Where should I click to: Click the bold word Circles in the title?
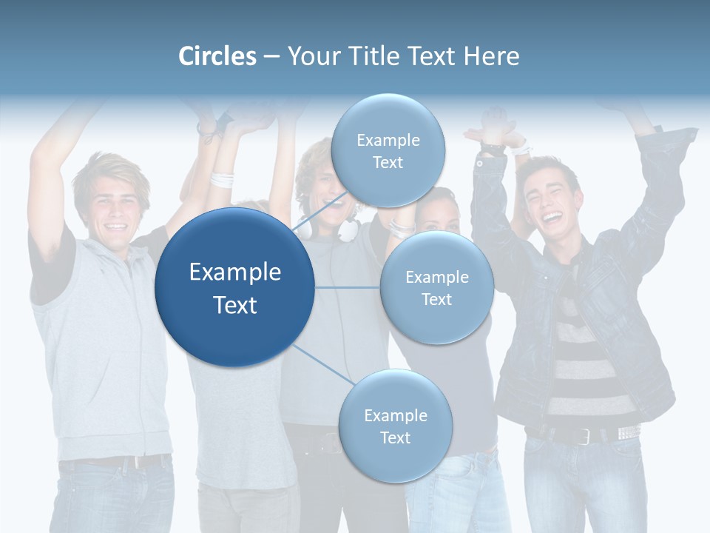point(217,56)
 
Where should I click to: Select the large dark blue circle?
point(234,287)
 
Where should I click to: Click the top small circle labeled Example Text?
point(388,150)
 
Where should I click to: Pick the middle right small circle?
point(436,287)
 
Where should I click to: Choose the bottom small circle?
point(395,426)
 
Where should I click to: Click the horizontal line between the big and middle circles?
point(347,287)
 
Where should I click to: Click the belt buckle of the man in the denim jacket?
point(584,437)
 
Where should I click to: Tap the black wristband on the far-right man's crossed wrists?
point(490,150)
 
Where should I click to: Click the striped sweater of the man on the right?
point(584,348)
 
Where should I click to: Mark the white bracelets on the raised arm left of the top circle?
point(221,179)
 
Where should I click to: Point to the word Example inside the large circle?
point(235,272)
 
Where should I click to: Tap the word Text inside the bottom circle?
point(395,438)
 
